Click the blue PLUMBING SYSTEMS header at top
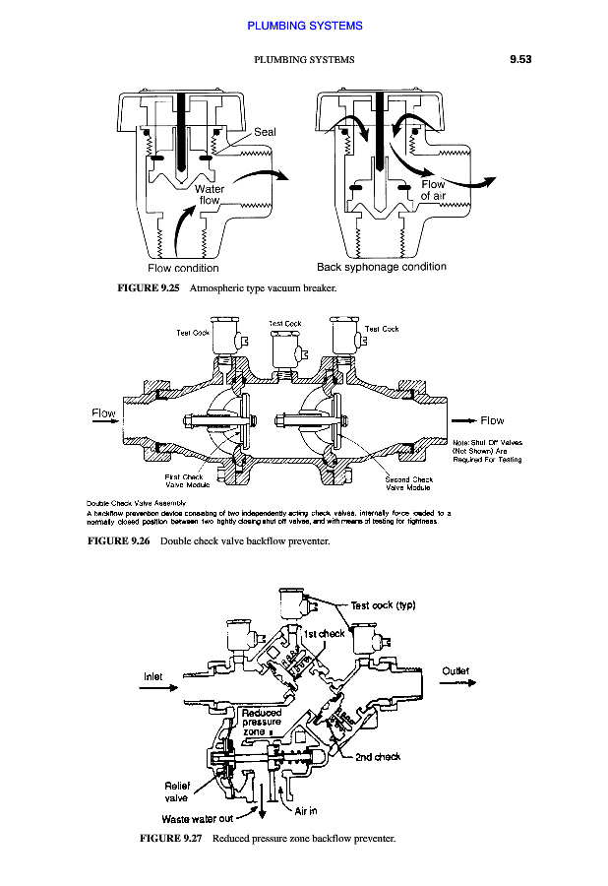click(304, 26)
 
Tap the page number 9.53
click(519, 60)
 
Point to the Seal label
click(265, 132)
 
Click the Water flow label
click(210, 194)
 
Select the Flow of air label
click(433, 190)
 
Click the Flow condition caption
click(183, 268)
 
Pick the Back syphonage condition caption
click(381, 267)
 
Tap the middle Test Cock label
click(284, 323)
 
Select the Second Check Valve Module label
click(403, 482)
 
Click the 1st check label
click(324, 633)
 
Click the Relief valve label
click(177, 791)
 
